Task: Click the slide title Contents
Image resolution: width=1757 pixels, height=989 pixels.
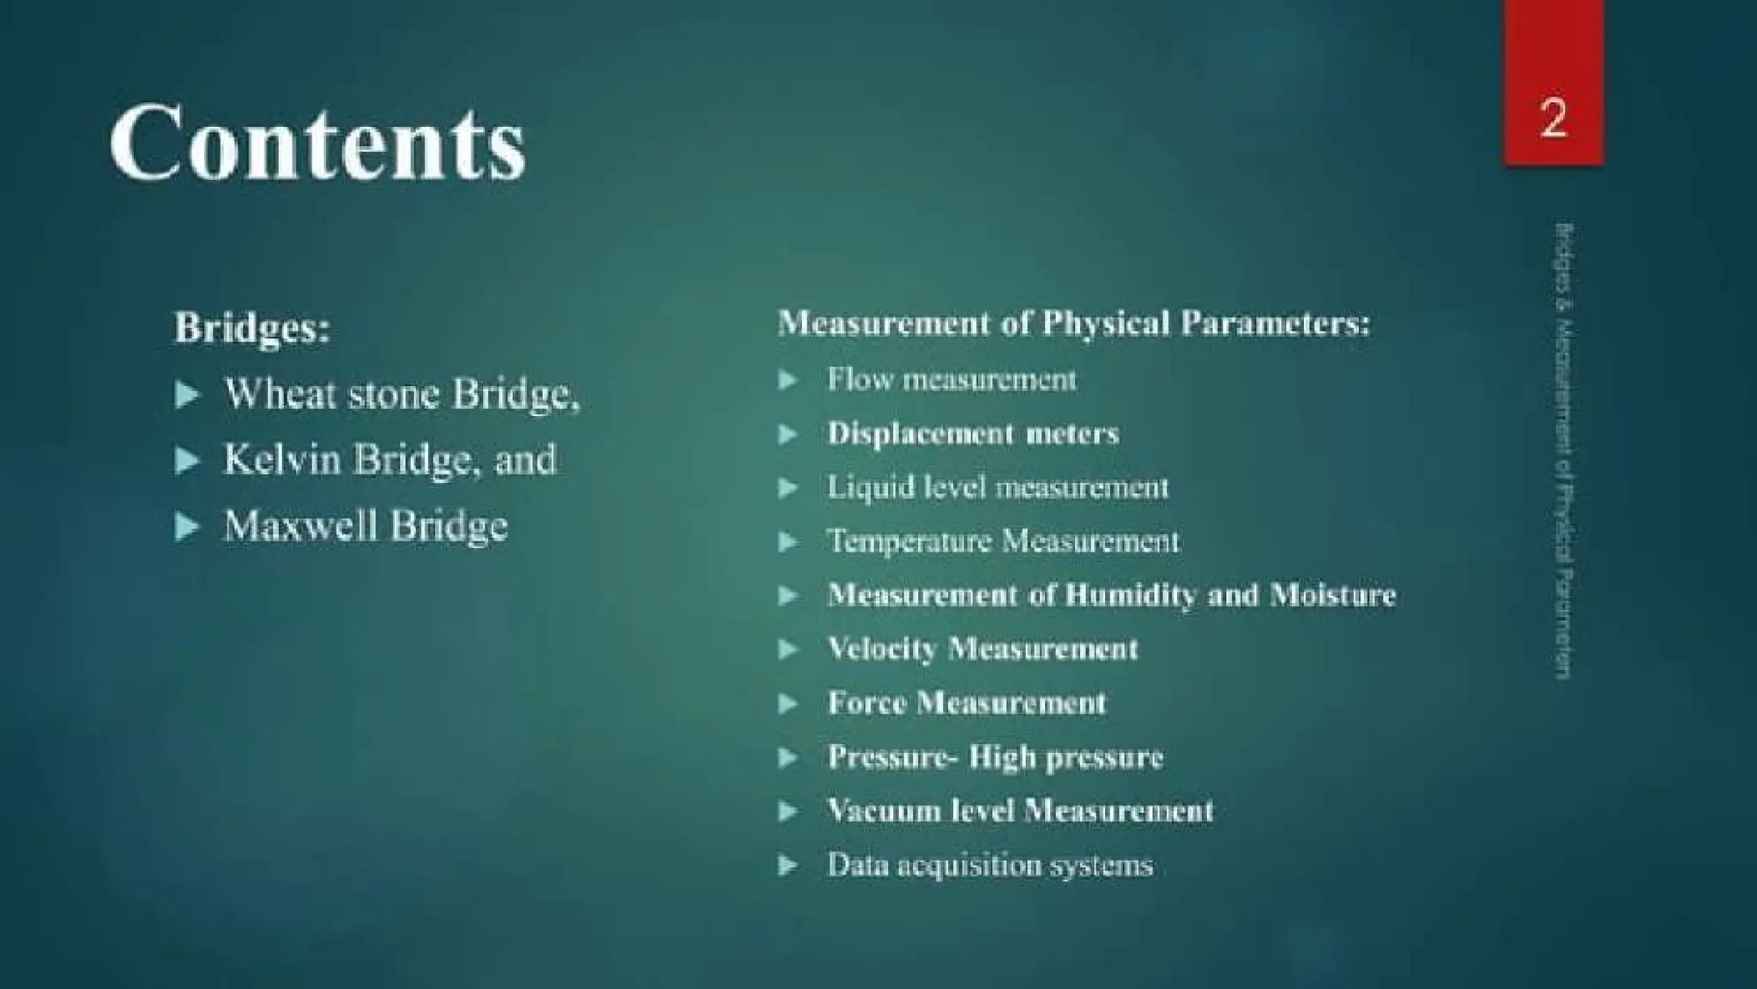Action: click(317, 142)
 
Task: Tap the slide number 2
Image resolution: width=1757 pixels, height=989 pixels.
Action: click(1553, 118)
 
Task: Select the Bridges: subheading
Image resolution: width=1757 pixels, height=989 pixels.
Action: click(252, 327)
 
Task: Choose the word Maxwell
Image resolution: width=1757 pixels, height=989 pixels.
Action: click(300, 525)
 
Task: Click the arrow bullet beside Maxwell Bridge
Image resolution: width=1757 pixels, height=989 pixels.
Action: click(186, 526)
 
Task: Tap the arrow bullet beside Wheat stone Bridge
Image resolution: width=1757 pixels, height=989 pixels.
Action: click(186, 395)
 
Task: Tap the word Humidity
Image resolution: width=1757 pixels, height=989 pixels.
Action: click(1130, 594)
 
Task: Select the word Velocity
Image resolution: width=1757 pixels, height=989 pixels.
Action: click(882, 649)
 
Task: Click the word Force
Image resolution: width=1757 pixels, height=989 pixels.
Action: click(866, 703)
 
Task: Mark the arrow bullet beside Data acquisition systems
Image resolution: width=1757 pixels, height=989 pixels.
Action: click(788, 865)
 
